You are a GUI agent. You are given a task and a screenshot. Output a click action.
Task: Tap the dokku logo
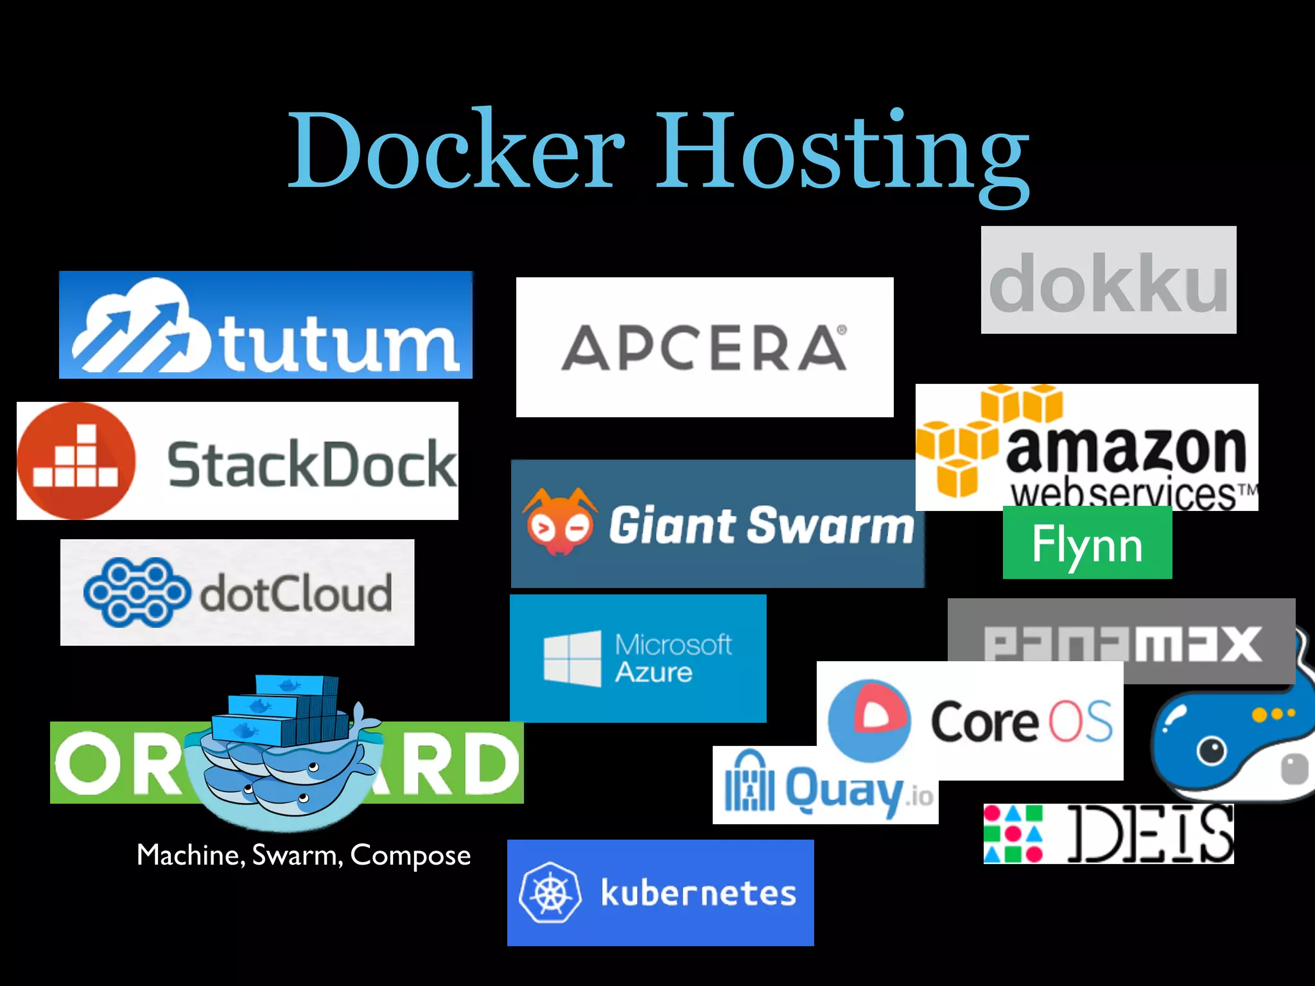pos(1108,281)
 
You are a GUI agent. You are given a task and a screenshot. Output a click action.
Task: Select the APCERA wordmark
pos(704,348)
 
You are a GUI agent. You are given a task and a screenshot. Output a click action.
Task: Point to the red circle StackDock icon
pos(76,461)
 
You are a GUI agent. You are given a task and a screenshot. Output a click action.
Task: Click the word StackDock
pos(312,464)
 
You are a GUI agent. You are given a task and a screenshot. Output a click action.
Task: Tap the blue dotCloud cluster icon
pos(136,592)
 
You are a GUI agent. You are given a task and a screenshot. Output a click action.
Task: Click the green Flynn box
pos(1087,543)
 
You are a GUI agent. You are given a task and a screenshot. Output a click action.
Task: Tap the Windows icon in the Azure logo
pos(572,659)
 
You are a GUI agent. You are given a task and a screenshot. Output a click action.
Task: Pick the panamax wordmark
pos(1122,643)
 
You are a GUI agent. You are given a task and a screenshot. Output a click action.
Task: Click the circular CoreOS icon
pos(869,720)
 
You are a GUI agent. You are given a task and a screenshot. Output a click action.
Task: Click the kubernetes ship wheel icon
pos(550,893)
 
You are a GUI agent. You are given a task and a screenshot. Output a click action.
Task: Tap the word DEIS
pos(1150,834)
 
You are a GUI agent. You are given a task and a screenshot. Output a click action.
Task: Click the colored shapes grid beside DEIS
pos(1013,834)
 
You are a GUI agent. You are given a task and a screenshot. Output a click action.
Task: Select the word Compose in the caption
pos(410,856)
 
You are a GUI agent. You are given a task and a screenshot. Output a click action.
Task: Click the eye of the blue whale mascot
pos(1211,749)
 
